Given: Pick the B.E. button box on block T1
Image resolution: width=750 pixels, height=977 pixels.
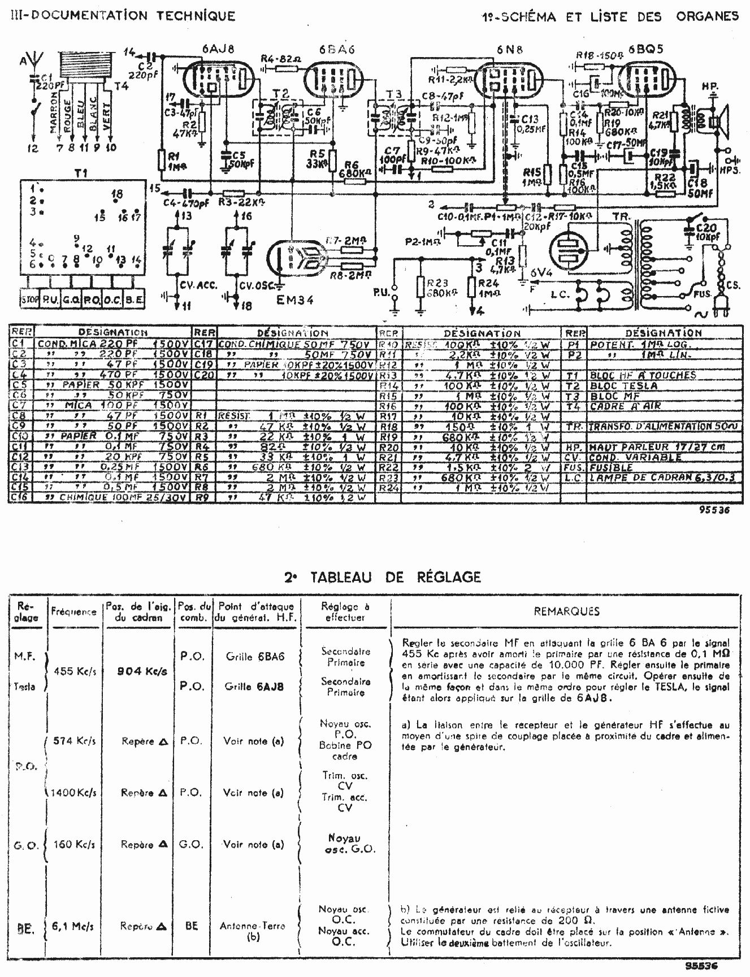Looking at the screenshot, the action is pos(133,298).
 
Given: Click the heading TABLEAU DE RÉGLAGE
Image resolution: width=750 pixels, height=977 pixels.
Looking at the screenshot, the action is pos(383,577).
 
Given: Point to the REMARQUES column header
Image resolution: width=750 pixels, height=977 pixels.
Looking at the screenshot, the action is pos(566,611).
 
